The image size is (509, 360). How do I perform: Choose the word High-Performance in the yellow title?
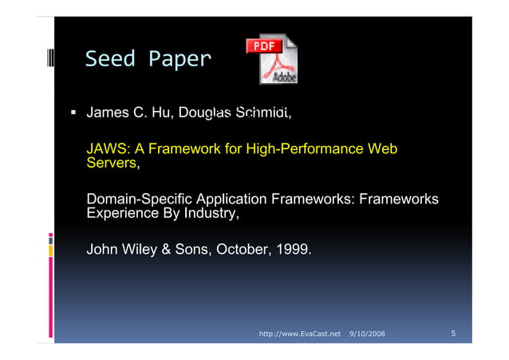coord(302,149)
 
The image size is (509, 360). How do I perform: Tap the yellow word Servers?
coord(111,164)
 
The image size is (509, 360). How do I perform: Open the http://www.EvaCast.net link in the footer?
coord(301,332)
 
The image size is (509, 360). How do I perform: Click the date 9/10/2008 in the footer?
coord(367,332)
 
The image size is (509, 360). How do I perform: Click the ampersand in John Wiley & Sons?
coord(167,251)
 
